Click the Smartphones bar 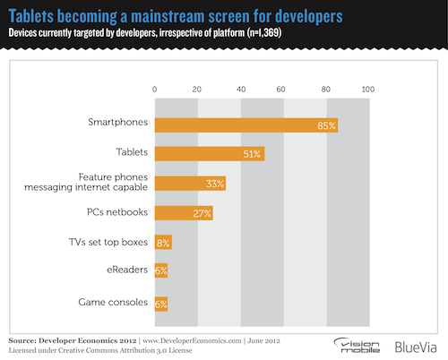[x=246, y=124]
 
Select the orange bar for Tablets [x=210, y=154]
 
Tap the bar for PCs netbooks [x=184, y=213]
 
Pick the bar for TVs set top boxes [x=163, y=243]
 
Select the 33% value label [x=215, y=184]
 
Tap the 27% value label [x=202, y=213]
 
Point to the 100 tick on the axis [x=366, y=90]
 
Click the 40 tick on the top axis [x=240, y=90]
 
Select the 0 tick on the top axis [x=155, y=90]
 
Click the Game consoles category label [x=111, y=302]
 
